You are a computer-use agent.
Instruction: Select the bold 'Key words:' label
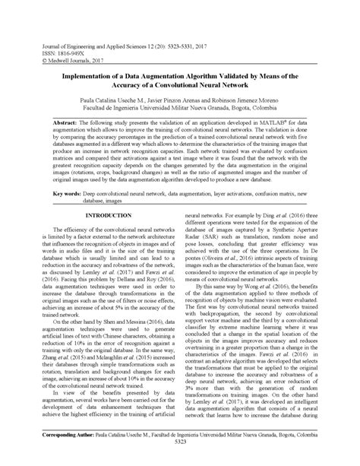[x=68, y=194]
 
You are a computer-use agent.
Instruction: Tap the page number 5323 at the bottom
[x=179, y=461]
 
